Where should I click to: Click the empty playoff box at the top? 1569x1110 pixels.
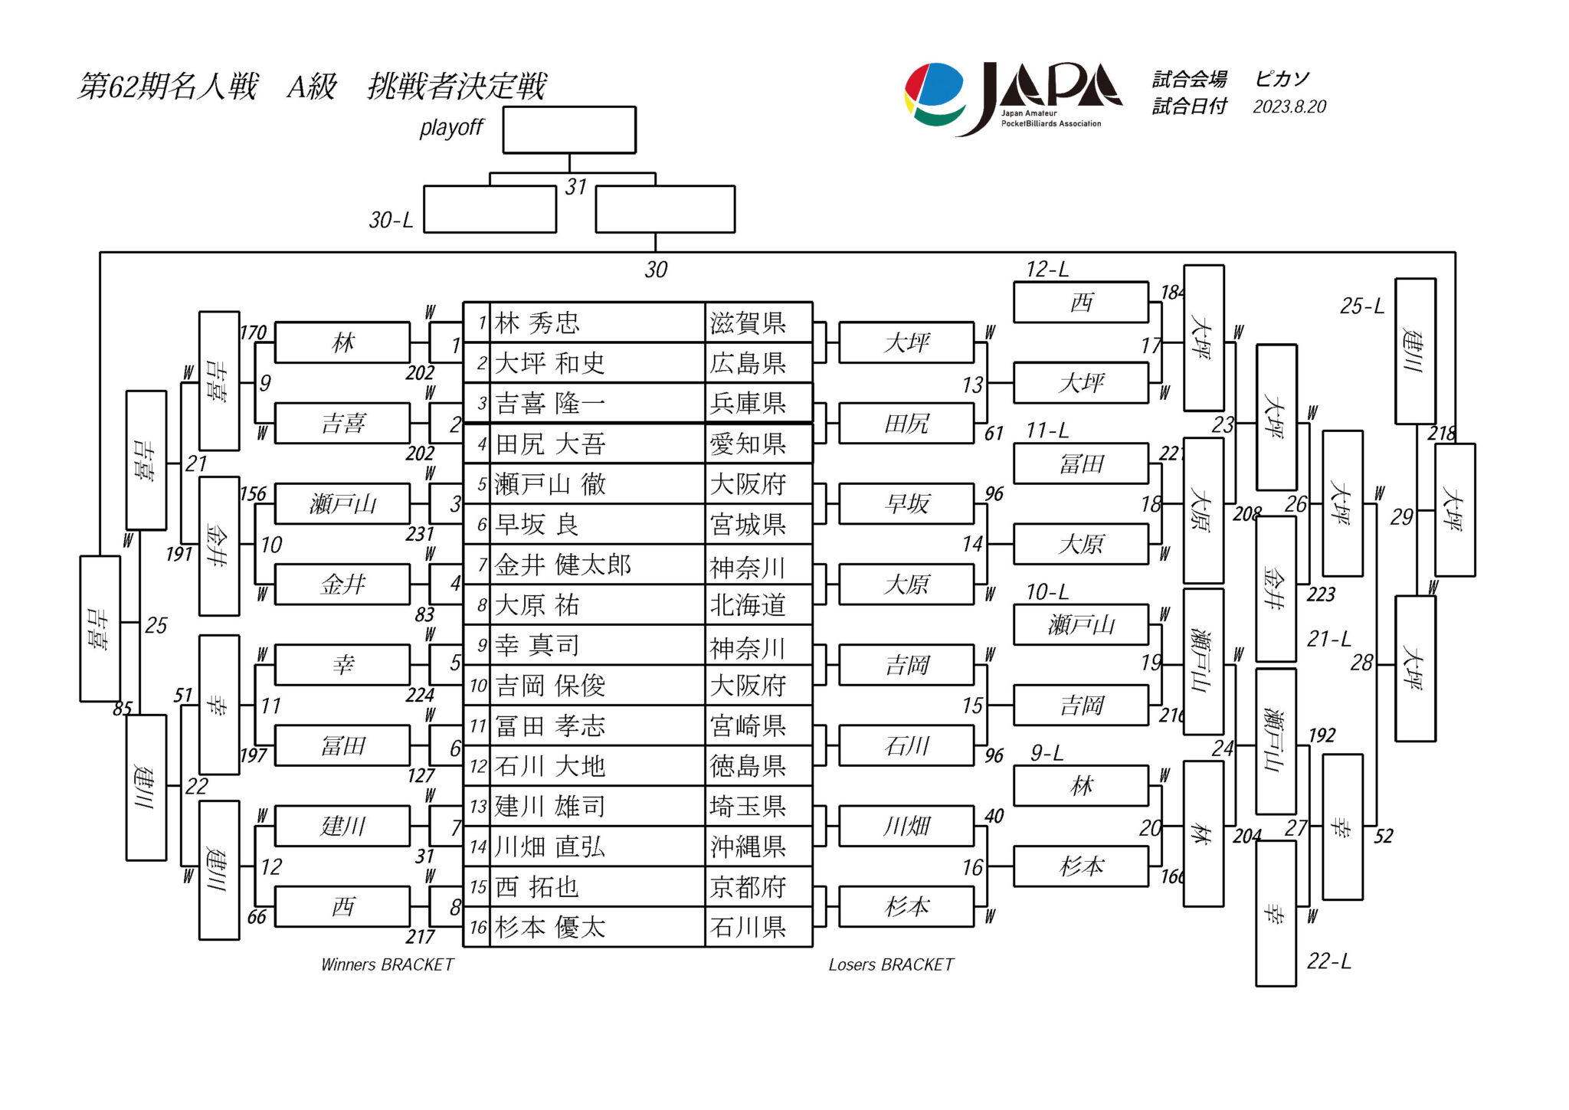[568, 130]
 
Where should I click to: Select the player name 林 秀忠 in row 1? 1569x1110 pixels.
[537, 323]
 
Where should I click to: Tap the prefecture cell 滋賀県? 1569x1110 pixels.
[748, 323]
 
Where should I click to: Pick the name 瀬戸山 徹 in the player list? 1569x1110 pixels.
[550, 484]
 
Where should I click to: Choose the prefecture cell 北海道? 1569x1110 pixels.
[748, 605]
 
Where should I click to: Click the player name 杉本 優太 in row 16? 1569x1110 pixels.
[550, 928]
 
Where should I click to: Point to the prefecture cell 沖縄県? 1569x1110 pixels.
[748, 847]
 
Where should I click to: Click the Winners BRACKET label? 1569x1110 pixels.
[388, 964]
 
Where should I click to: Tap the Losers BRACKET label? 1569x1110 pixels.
[891, 964]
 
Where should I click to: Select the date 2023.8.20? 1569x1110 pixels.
[1289, 106]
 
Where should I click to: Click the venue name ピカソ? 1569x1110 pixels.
[1282, 79]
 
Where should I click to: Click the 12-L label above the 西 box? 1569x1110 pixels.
[1047, 270]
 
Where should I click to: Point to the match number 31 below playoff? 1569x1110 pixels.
[575, 188]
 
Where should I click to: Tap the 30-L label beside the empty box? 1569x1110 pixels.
[391, 221]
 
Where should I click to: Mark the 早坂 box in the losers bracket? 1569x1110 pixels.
[906, 504]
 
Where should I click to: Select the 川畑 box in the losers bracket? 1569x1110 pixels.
[906, 827]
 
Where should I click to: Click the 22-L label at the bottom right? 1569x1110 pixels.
[1328, 961]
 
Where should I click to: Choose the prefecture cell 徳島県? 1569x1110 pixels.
[748, 766]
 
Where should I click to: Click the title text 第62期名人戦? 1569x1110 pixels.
[168, 87]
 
